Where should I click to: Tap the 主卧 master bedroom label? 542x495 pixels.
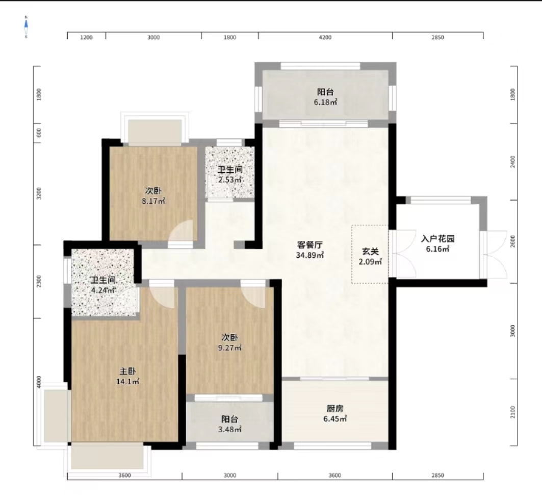coord(127,372)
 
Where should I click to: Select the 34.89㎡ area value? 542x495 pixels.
coord(309,255)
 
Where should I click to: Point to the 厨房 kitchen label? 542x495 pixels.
coord(335,409)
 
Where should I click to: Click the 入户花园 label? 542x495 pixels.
coord(437,239)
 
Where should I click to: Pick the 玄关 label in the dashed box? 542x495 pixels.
coord(370,252)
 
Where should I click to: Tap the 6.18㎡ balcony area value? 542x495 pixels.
coord(325,102)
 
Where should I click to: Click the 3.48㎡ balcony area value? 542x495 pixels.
coord(229,430)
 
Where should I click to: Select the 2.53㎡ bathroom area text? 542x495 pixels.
coord(229,180)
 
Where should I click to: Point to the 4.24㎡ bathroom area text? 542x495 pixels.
coord(102,290)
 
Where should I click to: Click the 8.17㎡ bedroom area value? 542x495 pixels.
coord(153,201)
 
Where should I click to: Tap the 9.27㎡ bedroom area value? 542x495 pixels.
coord(229,348)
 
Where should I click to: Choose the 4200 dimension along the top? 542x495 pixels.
coord(325,37)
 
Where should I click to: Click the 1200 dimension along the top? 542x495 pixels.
coord(86,37)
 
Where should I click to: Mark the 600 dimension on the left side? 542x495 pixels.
coord(39,133)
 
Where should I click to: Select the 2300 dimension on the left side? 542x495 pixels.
coord(39,281)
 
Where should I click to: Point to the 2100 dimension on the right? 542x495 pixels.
coord(512,412)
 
